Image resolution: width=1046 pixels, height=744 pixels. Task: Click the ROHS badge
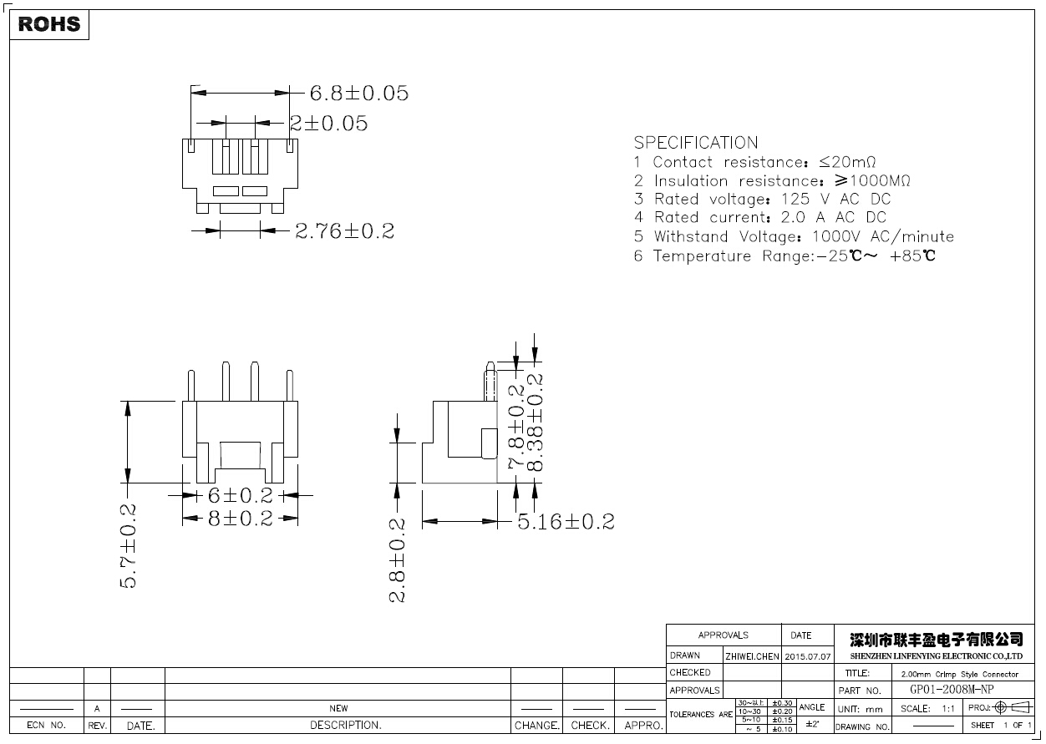point(49,24)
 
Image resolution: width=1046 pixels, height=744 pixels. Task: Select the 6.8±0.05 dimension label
point(359,93)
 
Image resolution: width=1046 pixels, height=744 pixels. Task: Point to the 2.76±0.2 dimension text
point(344,231)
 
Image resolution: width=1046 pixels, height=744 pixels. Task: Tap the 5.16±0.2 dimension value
point(566,522)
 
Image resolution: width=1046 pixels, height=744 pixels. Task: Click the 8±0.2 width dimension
point(240,519)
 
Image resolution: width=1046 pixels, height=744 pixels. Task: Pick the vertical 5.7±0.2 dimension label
point(129,545)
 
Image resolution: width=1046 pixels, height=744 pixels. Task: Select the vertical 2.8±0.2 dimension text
point(398,560)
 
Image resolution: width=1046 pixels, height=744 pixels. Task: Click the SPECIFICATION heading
point(695,143)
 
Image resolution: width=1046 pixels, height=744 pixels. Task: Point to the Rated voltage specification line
point(762,200)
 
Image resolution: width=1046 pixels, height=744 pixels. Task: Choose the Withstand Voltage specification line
point(793,237)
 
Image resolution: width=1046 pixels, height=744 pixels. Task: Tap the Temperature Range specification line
point(784,256)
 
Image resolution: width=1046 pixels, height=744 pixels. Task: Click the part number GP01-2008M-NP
point(952,690)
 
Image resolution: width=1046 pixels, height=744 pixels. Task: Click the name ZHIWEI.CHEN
point(752,655)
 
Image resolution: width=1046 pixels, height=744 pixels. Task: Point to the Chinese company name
point(936,640)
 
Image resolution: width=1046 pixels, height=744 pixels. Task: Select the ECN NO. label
point(46,725)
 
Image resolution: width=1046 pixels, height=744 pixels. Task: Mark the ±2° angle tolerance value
point(811,724)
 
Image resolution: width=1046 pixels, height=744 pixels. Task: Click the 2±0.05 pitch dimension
point(328,124)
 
